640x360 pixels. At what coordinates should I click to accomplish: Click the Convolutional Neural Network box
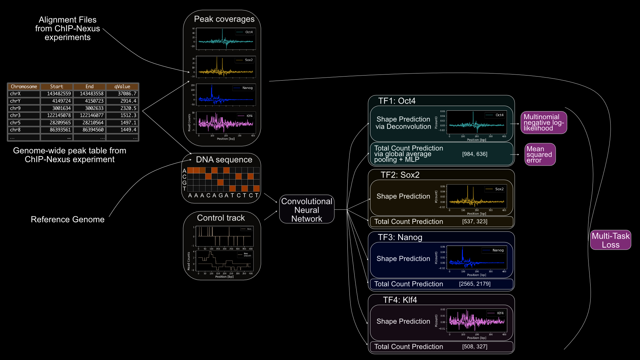point(306,210)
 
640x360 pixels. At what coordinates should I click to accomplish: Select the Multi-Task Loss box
point(610,240)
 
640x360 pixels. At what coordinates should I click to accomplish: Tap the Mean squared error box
point(540,154)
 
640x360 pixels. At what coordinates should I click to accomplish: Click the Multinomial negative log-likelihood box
point(543,123)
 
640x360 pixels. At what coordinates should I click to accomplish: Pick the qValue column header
point(122,87)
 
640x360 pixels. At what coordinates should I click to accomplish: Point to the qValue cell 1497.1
point(128,123)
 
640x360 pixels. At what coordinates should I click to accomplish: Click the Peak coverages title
point(224,19)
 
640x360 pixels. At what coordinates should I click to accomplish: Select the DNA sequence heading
point(224,160)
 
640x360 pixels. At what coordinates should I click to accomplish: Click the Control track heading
point(221,218)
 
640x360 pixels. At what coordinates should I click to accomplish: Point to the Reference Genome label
point(67,219)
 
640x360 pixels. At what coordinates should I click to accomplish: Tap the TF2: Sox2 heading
point(400,175)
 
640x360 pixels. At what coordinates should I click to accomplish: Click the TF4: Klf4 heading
point(400,300)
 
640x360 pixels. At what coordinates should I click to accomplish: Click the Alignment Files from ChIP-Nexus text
point(67,28)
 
